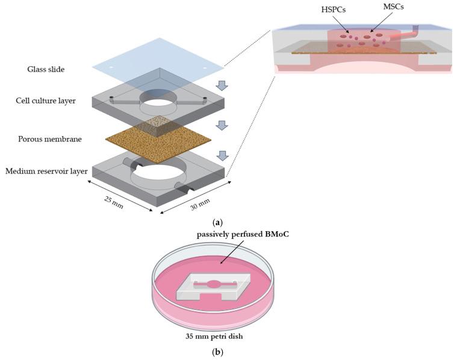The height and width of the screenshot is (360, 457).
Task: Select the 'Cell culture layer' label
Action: [x=46, y=101]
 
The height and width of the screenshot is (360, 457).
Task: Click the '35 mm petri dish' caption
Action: [x=213, y=335]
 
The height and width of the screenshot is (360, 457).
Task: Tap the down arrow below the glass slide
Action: [x=222, y=85]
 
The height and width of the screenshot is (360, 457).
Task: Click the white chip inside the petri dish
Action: [x=214, y=288]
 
